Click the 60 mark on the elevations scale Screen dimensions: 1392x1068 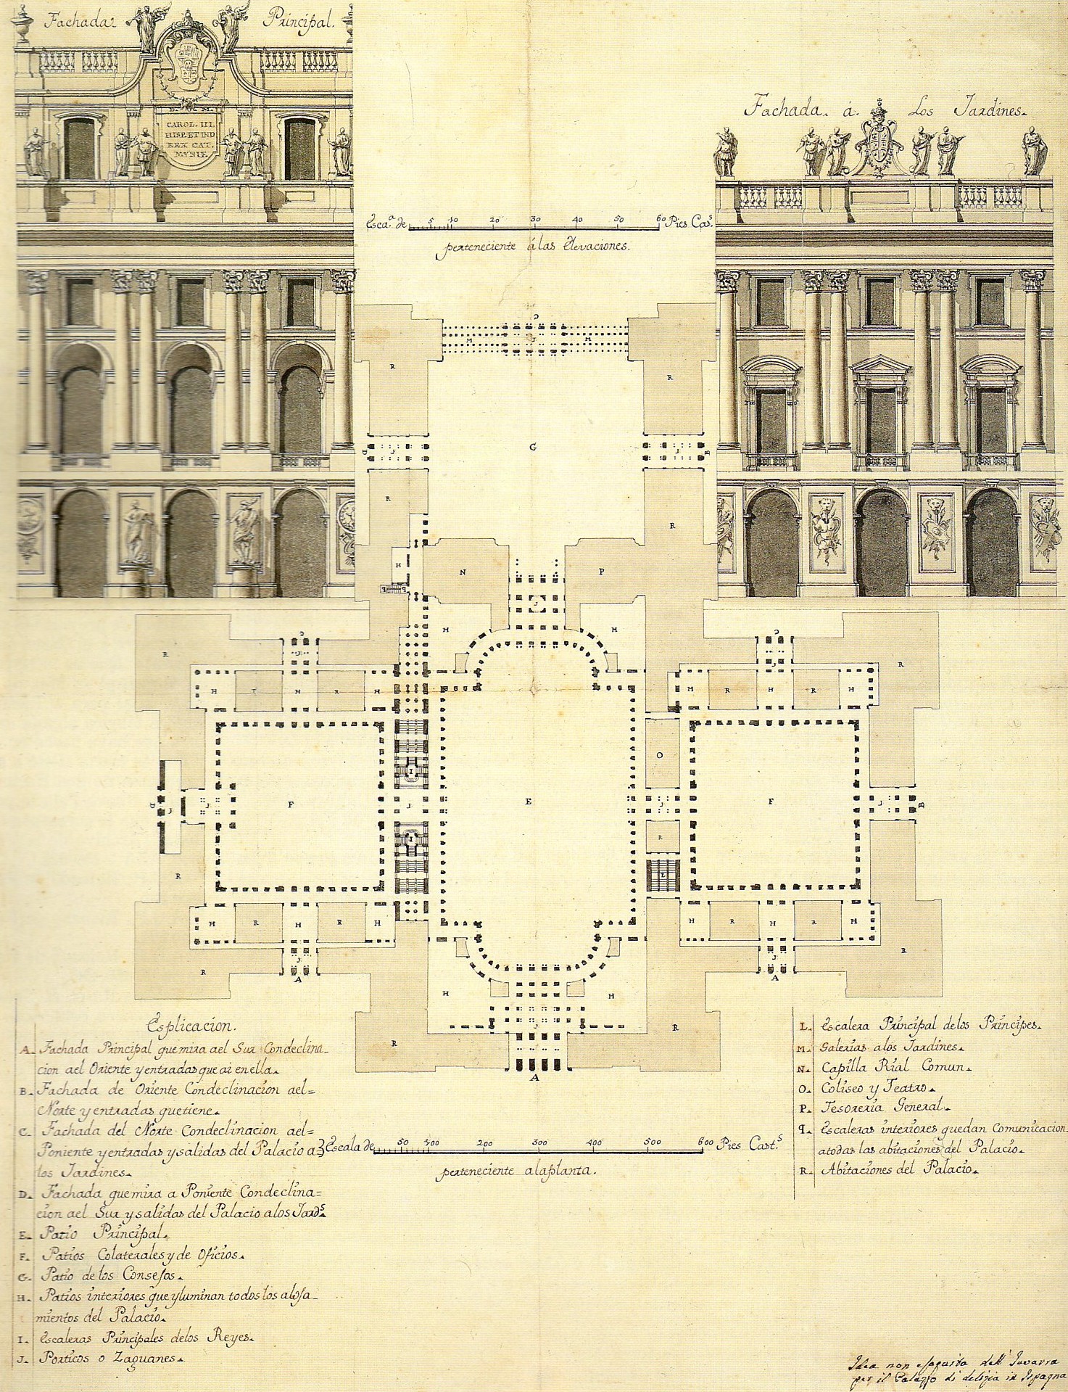pos(660,218)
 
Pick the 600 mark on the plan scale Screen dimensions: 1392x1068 pos(702,1143)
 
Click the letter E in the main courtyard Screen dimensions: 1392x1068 pos(529,801)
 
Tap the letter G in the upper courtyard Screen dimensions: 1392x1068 pos(533,447)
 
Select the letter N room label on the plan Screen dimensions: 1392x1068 pos(461,572)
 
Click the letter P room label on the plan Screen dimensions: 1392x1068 pos(601,572)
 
